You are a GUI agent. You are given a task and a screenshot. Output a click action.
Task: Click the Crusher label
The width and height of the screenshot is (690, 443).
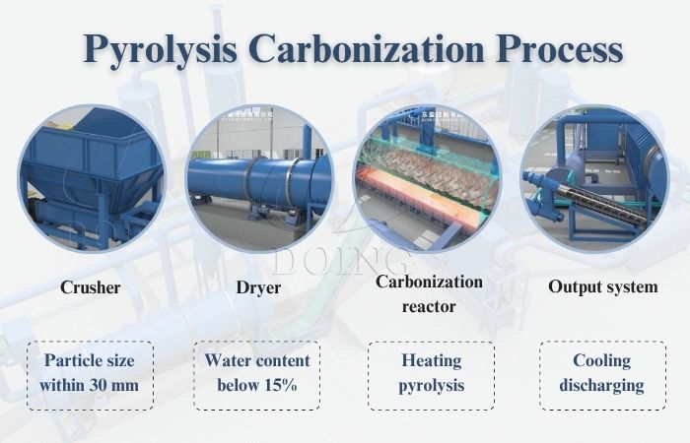[90, 288]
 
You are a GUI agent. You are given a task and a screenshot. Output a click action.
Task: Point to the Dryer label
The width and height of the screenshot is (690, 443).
[258, 288]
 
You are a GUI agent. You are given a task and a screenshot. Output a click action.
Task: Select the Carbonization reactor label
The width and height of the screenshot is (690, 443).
[430, 293]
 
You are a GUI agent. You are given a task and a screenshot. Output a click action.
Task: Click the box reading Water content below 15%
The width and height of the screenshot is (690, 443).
[257, 374]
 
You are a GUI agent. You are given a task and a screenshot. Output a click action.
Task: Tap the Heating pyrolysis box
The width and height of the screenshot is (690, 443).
[430, 374]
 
